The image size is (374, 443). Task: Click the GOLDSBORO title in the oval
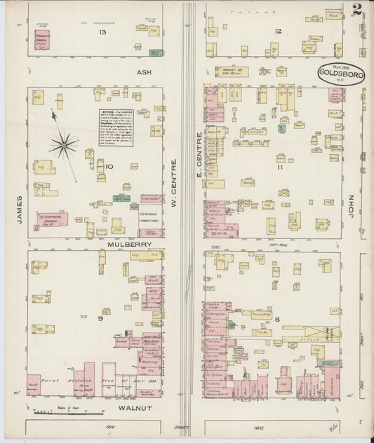tap(340, 71)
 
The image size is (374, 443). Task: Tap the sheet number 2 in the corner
tap(357, 10)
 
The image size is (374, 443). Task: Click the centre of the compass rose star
tap(63, 145)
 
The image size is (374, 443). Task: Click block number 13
tap(103, 32)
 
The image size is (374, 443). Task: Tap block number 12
tap(278, 31)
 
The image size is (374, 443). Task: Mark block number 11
tap(279, 168)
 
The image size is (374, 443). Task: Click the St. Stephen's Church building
tap(52, 220)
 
